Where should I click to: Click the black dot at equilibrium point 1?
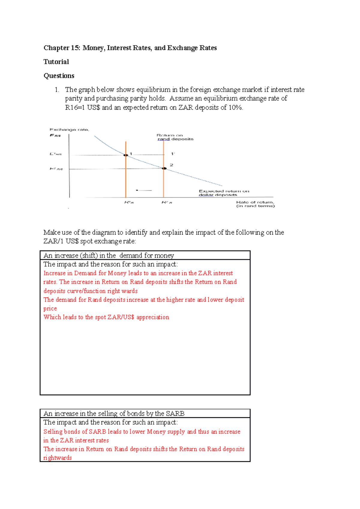pos(126,155)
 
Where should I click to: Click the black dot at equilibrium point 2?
pos(164,168)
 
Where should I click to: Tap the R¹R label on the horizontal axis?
pos(129,203)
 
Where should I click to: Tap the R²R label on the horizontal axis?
pos(167,203)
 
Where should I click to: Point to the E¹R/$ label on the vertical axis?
pos(56,154)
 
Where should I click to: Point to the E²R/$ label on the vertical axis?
pos(56,169)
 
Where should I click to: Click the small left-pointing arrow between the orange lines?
pos(144,190)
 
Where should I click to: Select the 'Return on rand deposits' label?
pos(175,137)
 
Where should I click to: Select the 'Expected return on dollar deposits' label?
pos(223,193)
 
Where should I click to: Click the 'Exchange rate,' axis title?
pos(69,130)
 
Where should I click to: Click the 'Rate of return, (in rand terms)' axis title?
pos(255,204)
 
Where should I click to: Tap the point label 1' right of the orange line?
pos(172,154)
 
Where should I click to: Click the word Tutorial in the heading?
pos(56,62)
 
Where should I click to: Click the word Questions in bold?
pos(59,76)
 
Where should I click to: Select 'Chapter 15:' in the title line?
pos(62,48)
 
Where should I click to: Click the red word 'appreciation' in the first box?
pos(153,317)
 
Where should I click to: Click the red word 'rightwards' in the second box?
pos(58,458)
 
